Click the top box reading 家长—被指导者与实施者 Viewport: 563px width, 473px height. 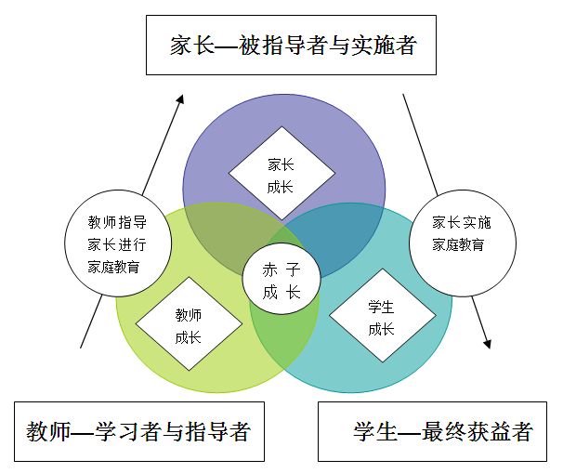pyautogui.click(x=291, y=45)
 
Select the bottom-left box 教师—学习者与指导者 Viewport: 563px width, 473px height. pyautogui.click(x=138, y=431)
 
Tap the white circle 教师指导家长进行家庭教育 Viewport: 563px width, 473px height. pyautogui.click(x=117, y=243)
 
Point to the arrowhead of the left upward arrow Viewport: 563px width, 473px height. pyautogui.click(x=182, y=98)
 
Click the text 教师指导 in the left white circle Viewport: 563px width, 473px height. pyautogui.click(x=117, y=223)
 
